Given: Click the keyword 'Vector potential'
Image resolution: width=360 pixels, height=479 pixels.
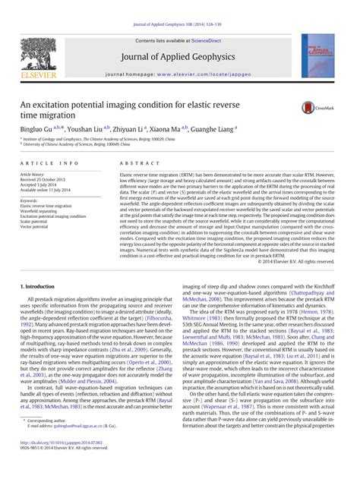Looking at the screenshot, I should (36, 226).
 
